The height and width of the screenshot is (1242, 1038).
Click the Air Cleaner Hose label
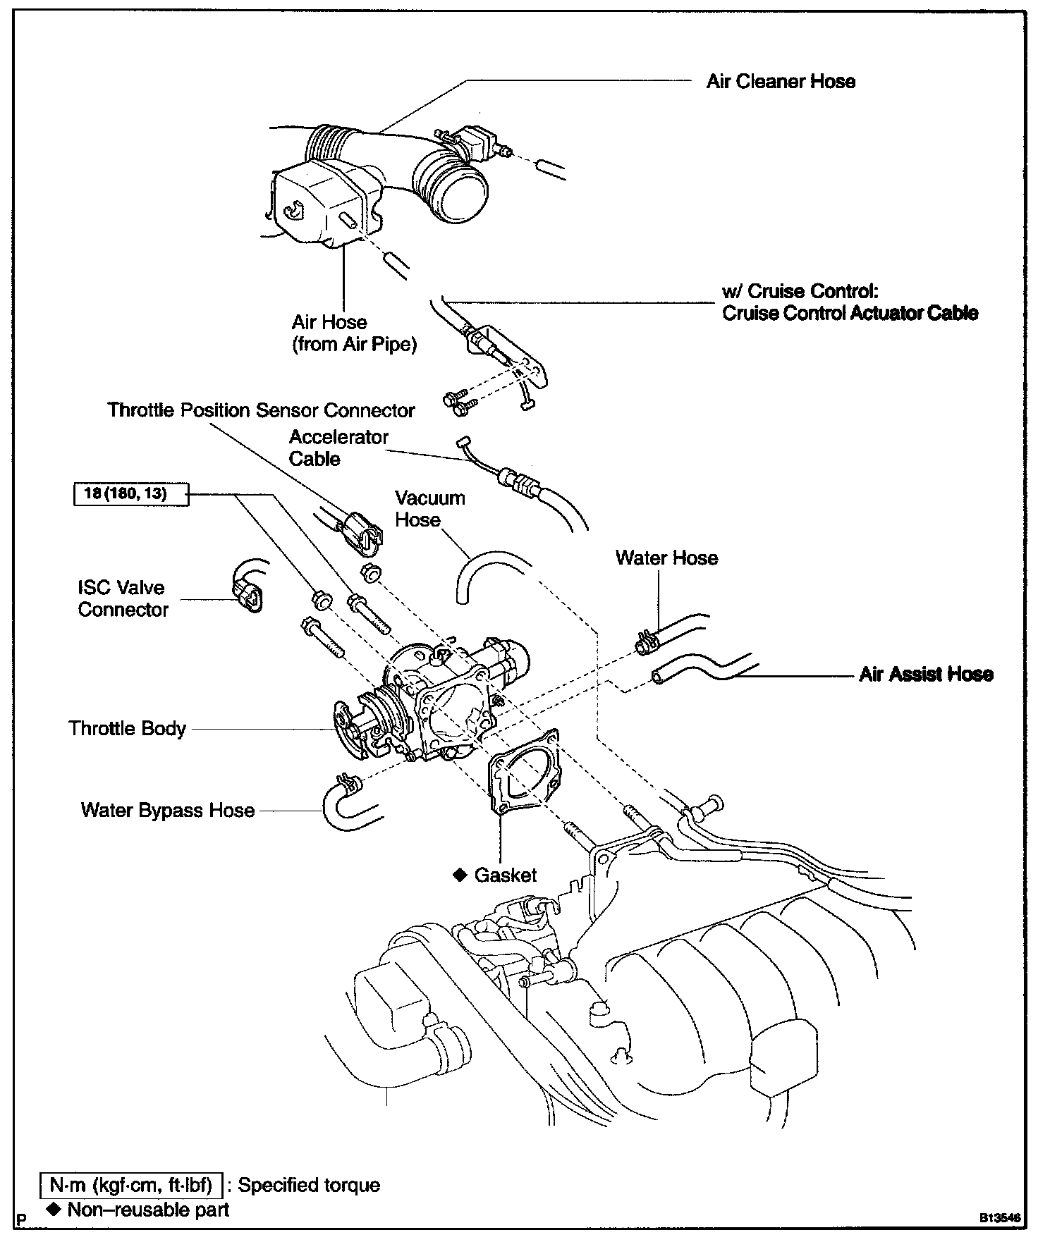[781, 82]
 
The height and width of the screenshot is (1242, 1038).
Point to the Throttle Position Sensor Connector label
[261, 410]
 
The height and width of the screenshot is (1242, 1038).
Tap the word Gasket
[506, 875]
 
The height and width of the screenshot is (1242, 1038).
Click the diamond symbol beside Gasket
[460, 875]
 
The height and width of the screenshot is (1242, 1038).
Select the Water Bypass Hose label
[168, 810]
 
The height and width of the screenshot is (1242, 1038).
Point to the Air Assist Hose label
[926, 675]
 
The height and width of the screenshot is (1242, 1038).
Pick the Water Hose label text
[666, 558]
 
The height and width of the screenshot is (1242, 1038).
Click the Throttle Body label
[127, 728]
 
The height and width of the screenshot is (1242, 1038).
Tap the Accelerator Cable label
[338, 448]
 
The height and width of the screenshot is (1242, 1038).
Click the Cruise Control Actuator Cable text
[850, 313]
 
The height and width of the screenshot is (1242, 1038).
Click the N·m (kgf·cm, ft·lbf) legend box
[131, 1185]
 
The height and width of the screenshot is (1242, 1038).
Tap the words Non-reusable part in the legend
[148, 1210]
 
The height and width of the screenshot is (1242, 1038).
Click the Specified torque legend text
[309, 1185]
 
